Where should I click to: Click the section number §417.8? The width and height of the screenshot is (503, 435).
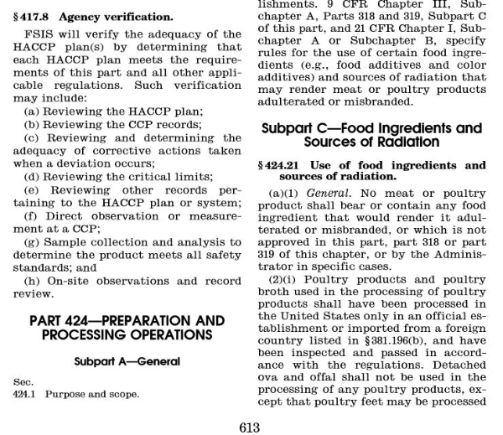pyautogui.click(x=34, y=16)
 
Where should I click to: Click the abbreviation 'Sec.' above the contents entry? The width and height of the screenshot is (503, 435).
pyautogui.click(x=23, y=381)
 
